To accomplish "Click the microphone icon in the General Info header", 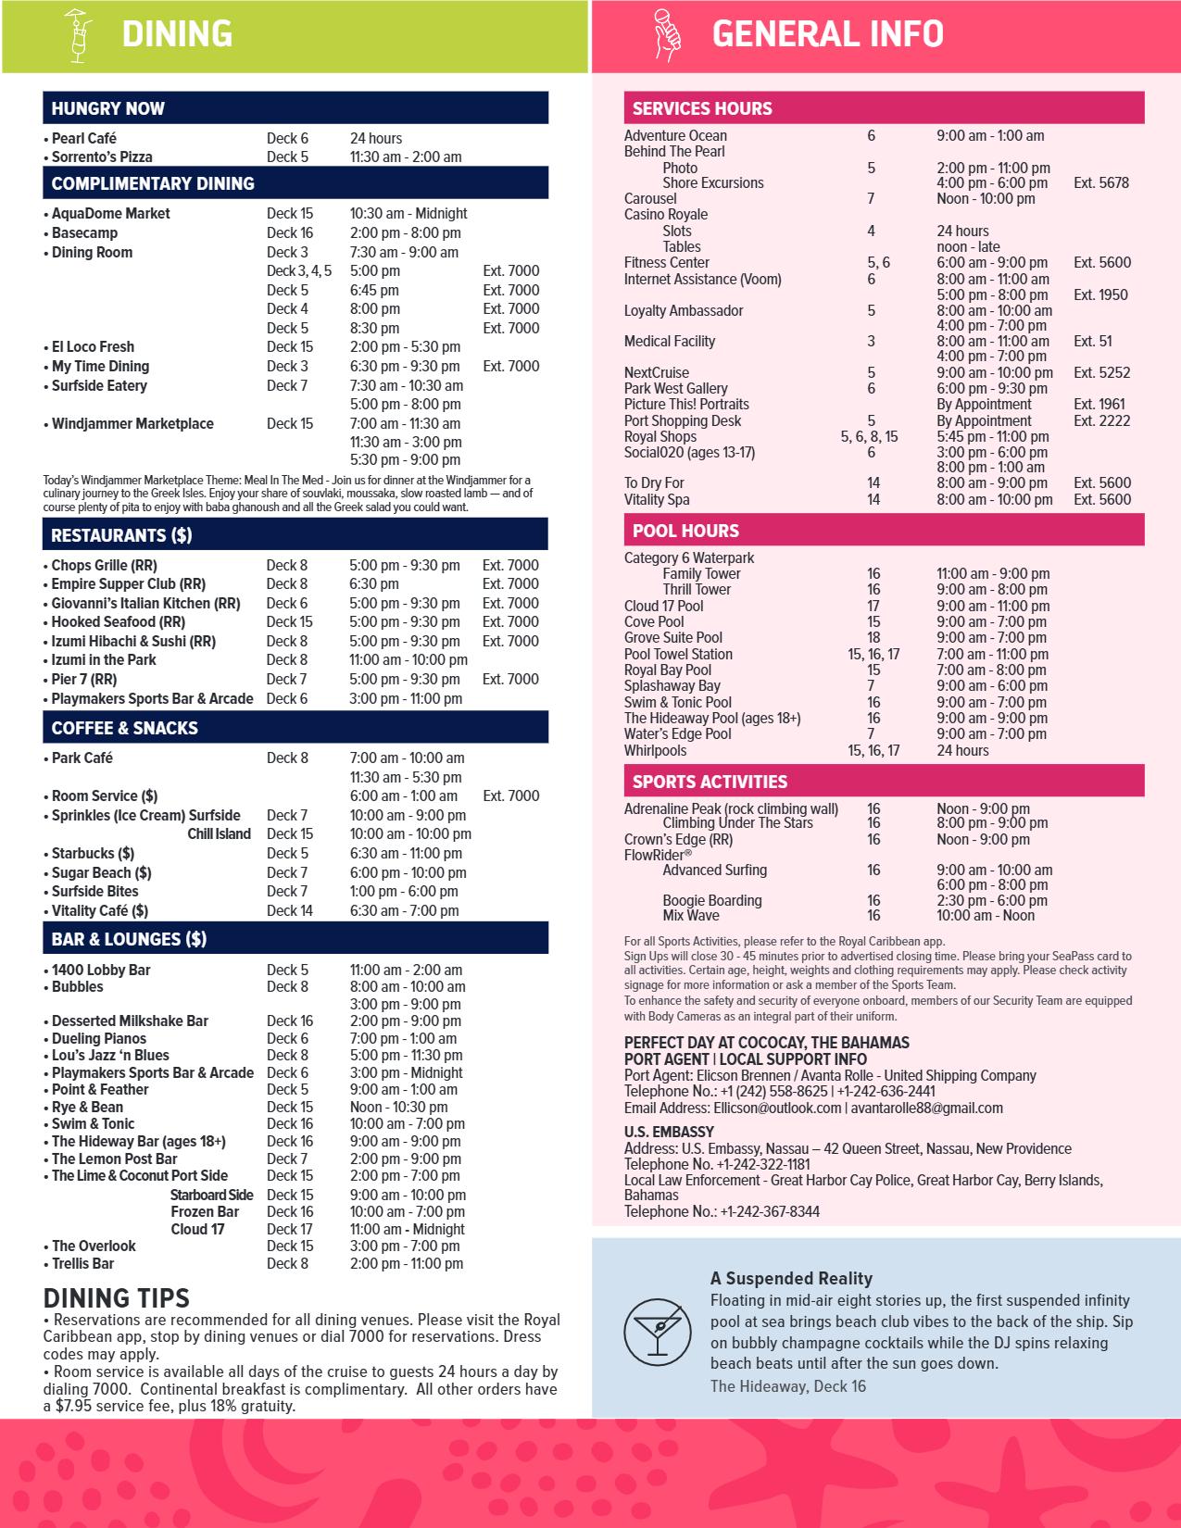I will pyautogui.click(x=667, y=35).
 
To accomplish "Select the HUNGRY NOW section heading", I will pyautogui.click(x=108, y=108).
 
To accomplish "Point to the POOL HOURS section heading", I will pyautogui.click(x=685, y=531).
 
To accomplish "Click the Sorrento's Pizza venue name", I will pyautogui.click(x=102, y=157).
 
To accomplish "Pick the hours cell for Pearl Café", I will pyautogui.click(x=376, y=139).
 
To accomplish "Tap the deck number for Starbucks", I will pyautogui.click(x=287, y=854).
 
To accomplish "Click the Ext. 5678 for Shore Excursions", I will pyautogui.click(x=1101, y=183).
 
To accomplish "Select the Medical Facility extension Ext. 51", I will pyautogui.click(x=1093, y=342).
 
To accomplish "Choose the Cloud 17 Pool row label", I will pyautogui.click(x=663, y=607).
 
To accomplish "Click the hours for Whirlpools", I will pyautogui.click(x=962, y=751).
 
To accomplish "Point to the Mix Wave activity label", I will pyautogui.click(x=691, y=916).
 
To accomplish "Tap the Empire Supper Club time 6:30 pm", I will pyautogui.click(x=374, y=584).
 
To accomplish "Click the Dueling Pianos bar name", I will pyautogui.click(x=99, y=1039).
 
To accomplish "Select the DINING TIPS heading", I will pyautogui.click(x=117, y=1298).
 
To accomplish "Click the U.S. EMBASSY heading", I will pyautogui.click(x=669, y=1132).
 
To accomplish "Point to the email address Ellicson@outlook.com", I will pyautogui.click(x=777, y=1108).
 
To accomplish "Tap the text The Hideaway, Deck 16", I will pyautogui.click(x=788, y=1386).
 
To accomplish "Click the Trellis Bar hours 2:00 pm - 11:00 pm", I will pyautogui.click(x=407, y=1264).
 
